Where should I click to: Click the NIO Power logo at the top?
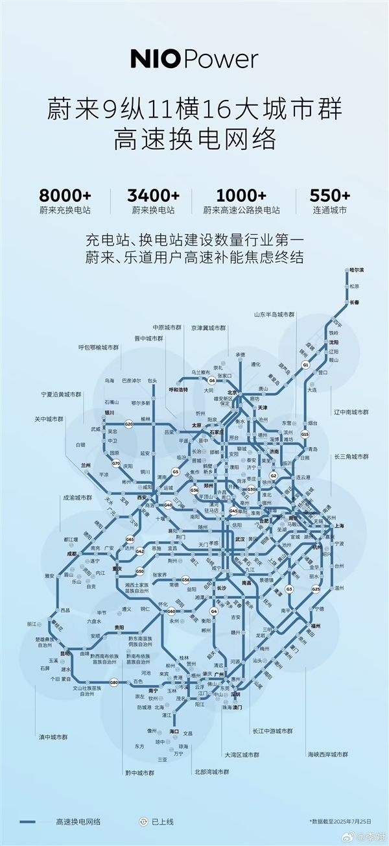[194, 60]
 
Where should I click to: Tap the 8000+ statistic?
[64, 195]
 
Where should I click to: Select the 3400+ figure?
[155, 195]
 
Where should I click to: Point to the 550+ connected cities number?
[329, 195]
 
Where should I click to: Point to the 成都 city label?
[71, 554]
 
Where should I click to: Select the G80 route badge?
[114, 682]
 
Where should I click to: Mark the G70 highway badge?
[116, 463]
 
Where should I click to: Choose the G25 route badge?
[316, 589]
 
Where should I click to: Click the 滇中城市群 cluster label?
[54, 737]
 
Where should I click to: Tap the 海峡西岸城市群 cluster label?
[328, 754]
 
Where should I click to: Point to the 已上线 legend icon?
[144, 821]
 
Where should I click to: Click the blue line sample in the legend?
[36, 821]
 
